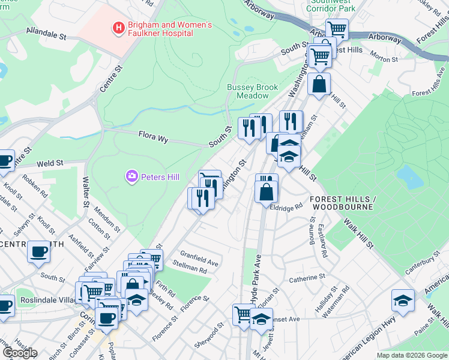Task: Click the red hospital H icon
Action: [x=118, y=27]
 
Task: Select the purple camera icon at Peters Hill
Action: [x=131, y=176]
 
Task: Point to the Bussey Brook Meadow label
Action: [x=252, y=91]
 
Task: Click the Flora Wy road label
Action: [x=152, y=137]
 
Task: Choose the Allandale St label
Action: [x=46, y=34]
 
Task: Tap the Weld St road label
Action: [x=50, y=163]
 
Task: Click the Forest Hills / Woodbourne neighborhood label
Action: [x=342, y=203]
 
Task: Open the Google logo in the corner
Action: [x=20, y=353]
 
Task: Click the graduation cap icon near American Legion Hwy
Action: [x=402, y=300]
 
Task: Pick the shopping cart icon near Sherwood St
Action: [x=244, y=314]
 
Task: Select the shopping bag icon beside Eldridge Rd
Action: [x=265, y=192]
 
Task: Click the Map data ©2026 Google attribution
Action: [x=412, y=355]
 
